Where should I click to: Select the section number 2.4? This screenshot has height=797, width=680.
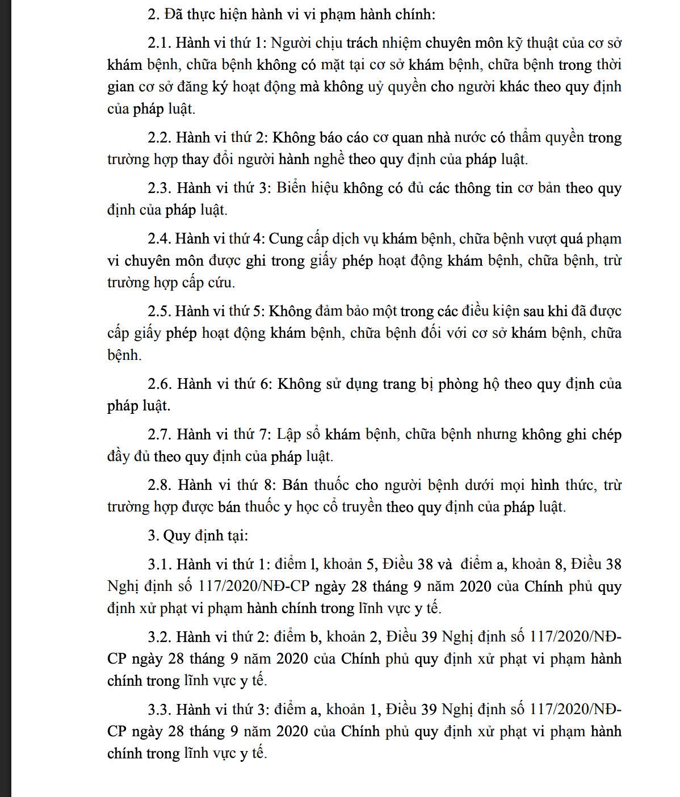159,239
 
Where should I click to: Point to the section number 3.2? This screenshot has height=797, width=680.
159,637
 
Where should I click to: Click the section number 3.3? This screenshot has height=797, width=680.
159,710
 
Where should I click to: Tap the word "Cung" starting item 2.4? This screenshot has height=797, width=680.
285,239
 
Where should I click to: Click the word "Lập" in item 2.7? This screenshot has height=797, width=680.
289,435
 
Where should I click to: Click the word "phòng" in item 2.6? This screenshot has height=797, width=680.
457,384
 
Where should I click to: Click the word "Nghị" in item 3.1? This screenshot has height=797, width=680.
122,586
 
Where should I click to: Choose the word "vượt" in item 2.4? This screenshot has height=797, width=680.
539,239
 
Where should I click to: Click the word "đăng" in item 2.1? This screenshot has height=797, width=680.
192,87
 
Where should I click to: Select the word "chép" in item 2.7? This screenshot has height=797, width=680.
606,435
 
